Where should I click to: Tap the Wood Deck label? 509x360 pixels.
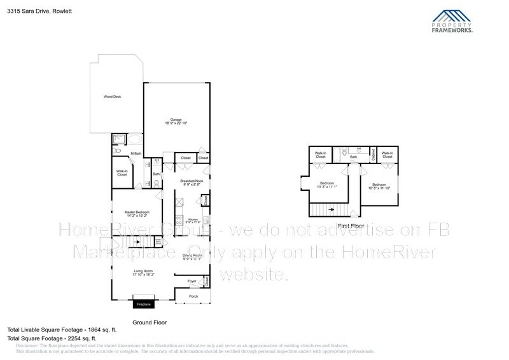click(x=113, y=97)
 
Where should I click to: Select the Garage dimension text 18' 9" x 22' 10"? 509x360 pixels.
click(x=176, y=123)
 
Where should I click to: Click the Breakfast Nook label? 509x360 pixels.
click(x=191, y=181)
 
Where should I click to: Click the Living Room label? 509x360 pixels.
click(x=143, y=272)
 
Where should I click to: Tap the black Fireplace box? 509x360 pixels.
click(x=144, y=305)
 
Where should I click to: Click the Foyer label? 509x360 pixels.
click(x=192, y=280)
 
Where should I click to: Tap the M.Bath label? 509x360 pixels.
click(x=136, y=153)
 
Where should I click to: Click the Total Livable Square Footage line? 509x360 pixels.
click(x=53, y=329)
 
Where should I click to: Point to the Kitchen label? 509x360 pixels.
click(x=192, y=220)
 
